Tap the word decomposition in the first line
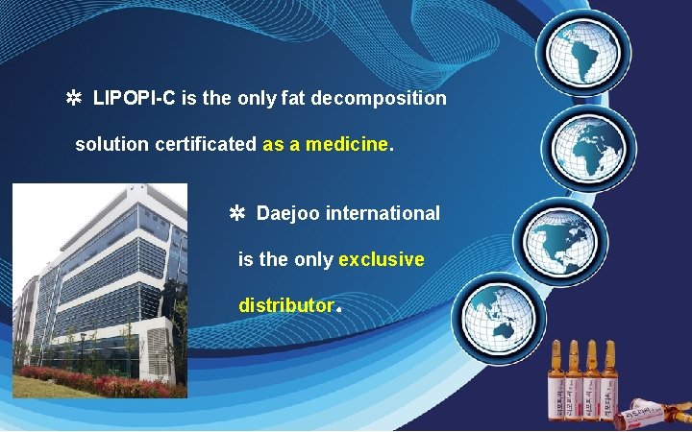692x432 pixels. (392, 99)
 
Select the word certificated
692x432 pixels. (206, 145)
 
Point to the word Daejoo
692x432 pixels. (288, 213)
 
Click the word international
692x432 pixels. (383, 213)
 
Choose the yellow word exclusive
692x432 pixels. (382, 259)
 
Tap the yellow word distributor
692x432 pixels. (284, 306)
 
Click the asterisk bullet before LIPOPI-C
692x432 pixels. (72, 99)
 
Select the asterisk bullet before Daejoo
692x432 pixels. (236, 213)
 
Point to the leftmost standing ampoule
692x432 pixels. (556, 384)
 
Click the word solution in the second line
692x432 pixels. (106, 145)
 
